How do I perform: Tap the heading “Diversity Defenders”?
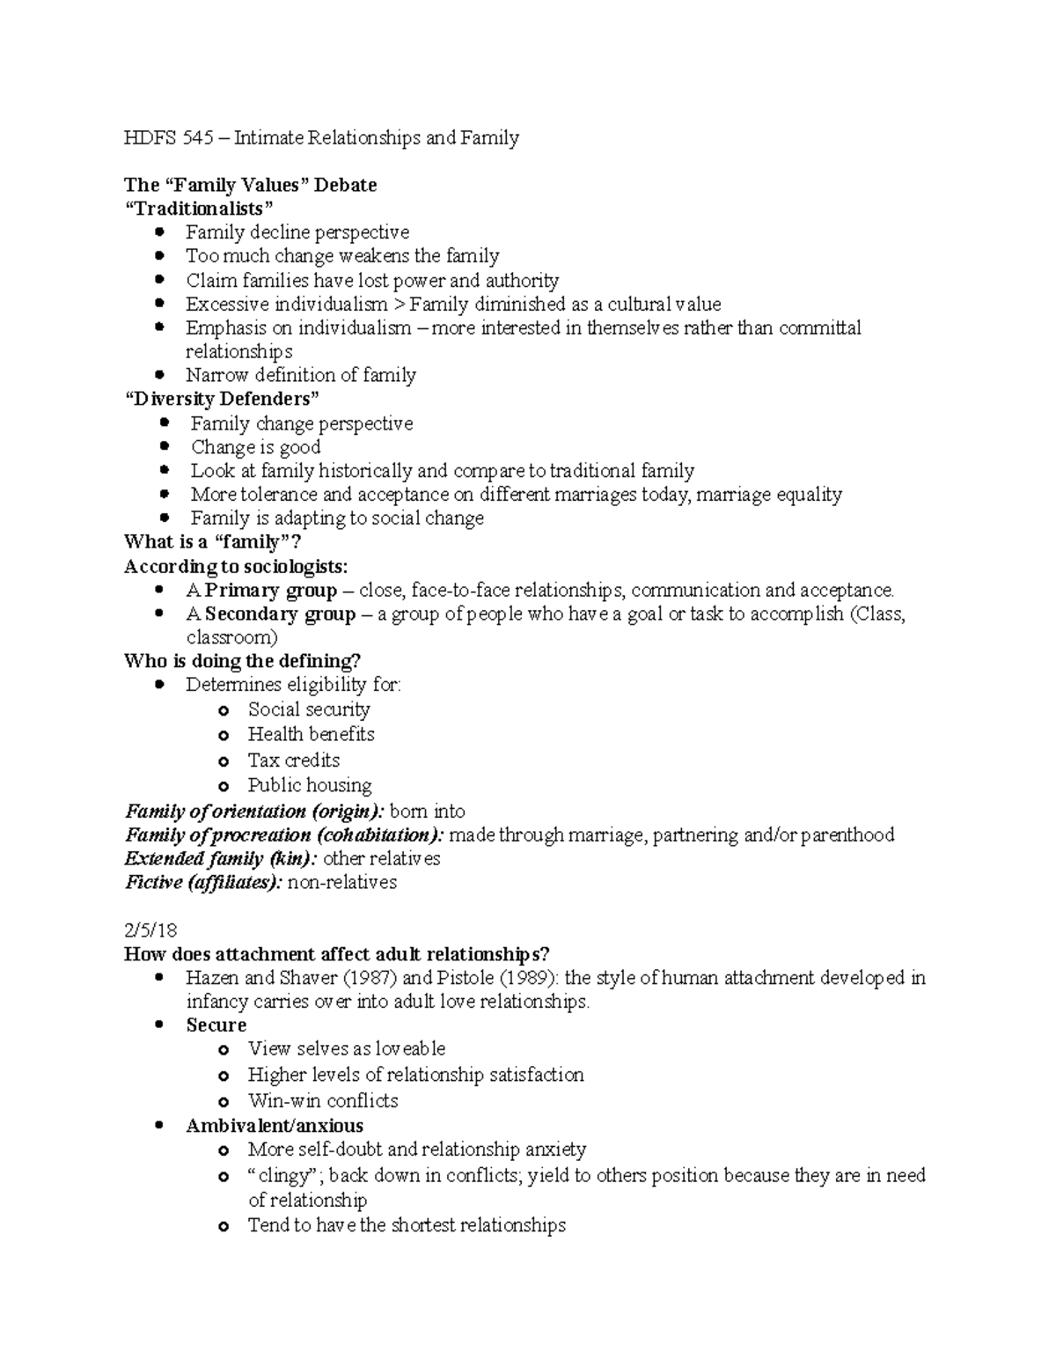(x=222, y=399)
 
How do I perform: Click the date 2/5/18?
(x=151, y=930)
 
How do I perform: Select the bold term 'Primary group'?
(x=270, y=590)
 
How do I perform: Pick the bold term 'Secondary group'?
(x=280, y=614)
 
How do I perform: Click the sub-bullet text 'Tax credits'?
(x=294, y=760)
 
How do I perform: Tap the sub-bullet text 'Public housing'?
(x=310, y=785)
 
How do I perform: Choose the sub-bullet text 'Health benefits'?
(x=311, y=734)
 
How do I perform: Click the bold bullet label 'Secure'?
(x=216, y=1025)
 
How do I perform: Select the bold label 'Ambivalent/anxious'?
(x=275, y=1126)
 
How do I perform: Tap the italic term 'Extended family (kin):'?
(x=222, y=859)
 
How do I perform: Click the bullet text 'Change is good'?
(x=255, y=447)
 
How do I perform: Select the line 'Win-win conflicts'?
(x=323, y=1101)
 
